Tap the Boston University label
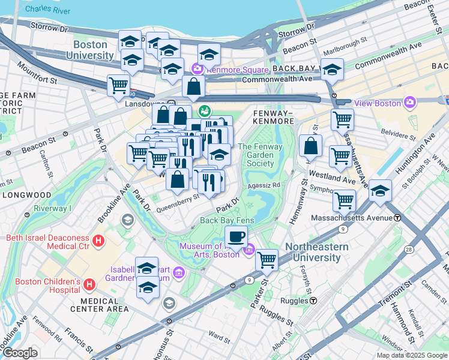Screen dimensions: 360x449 pos(90,50)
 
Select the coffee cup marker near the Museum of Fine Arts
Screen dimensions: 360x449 pos(237,236)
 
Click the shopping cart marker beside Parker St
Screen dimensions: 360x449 pos(267,260)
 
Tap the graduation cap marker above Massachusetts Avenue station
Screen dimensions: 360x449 pos(380,191)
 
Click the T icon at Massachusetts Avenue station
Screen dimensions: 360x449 pos(397,217)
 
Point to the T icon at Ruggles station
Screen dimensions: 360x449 pos(313,300)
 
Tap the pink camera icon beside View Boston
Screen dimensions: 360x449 pos(410,103)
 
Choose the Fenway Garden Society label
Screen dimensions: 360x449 pos(256,155)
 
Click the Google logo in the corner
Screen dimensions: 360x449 pos(20,353)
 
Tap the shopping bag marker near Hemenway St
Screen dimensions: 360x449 pos(311,145)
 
